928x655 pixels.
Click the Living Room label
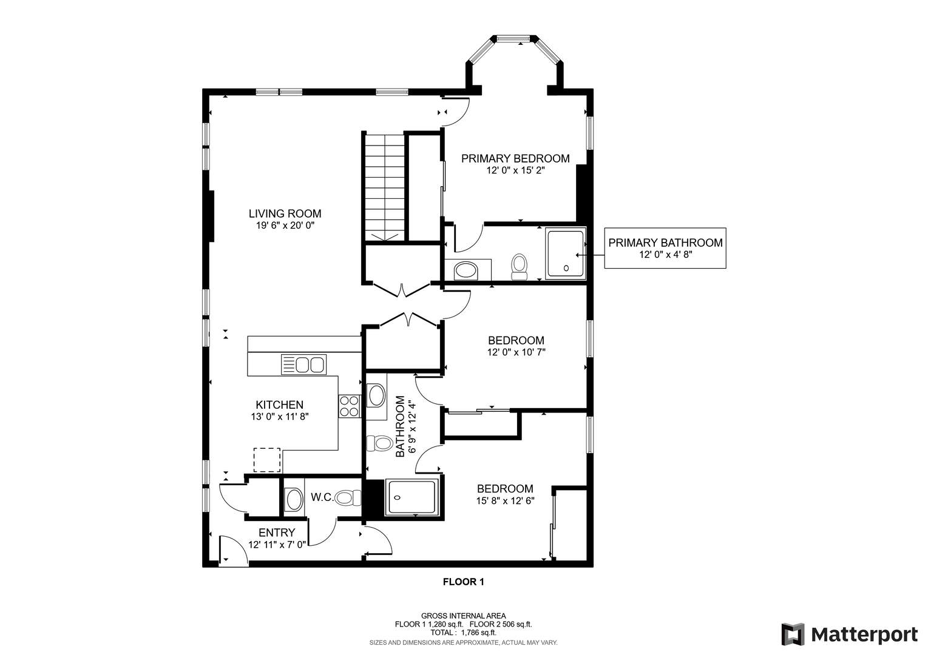pos(285,213)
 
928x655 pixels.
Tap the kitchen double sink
pos(303,364)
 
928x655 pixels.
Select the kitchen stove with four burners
pos(350,406)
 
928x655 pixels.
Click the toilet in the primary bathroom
pos(519,267)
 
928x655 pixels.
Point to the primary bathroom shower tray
pos(566,254)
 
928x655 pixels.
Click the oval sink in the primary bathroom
pos(466,270)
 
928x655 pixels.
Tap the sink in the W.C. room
pos(294,499)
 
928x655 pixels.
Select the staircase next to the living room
pos(384,187)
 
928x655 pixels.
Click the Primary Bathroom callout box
pos(665,248)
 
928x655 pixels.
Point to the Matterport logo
pos(849,634)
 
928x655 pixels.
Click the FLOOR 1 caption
pos(463,582)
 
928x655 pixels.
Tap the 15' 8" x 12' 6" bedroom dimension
pos(505,500)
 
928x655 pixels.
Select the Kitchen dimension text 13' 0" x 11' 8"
pos(280,417)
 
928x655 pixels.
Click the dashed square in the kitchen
pos(267,460)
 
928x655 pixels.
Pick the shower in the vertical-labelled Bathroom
pos(412,497)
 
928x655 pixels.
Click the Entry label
pos(277,532)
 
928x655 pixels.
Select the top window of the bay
pos(513,38)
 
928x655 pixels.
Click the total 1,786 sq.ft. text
pos(463,633)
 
